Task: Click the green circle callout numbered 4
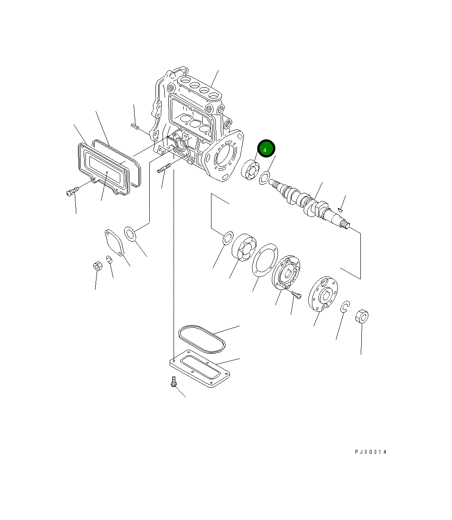(266, 150)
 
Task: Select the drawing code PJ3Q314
(370, 452)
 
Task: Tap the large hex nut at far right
(361, 316)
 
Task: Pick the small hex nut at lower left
(98, 266)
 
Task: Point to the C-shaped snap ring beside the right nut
(345, 307)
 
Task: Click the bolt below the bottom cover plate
(173, 382)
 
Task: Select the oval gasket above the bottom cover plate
(201, 338)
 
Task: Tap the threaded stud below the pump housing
(164, 169)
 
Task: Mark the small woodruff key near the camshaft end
(340, 209)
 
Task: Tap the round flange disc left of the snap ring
(322, 293)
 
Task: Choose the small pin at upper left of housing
(135, 127)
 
